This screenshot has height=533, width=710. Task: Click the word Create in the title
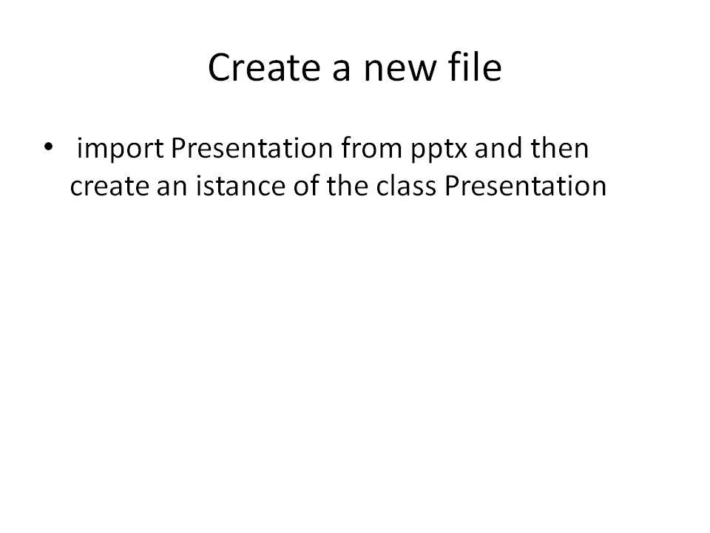click(263, 68)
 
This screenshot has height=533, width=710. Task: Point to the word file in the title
click(475, 68)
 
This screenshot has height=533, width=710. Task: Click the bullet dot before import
click(49, 148)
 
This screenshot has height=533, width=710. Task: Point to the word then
click(560, 149)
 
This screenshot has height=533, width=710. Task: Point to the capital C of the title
click(220, 68)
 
